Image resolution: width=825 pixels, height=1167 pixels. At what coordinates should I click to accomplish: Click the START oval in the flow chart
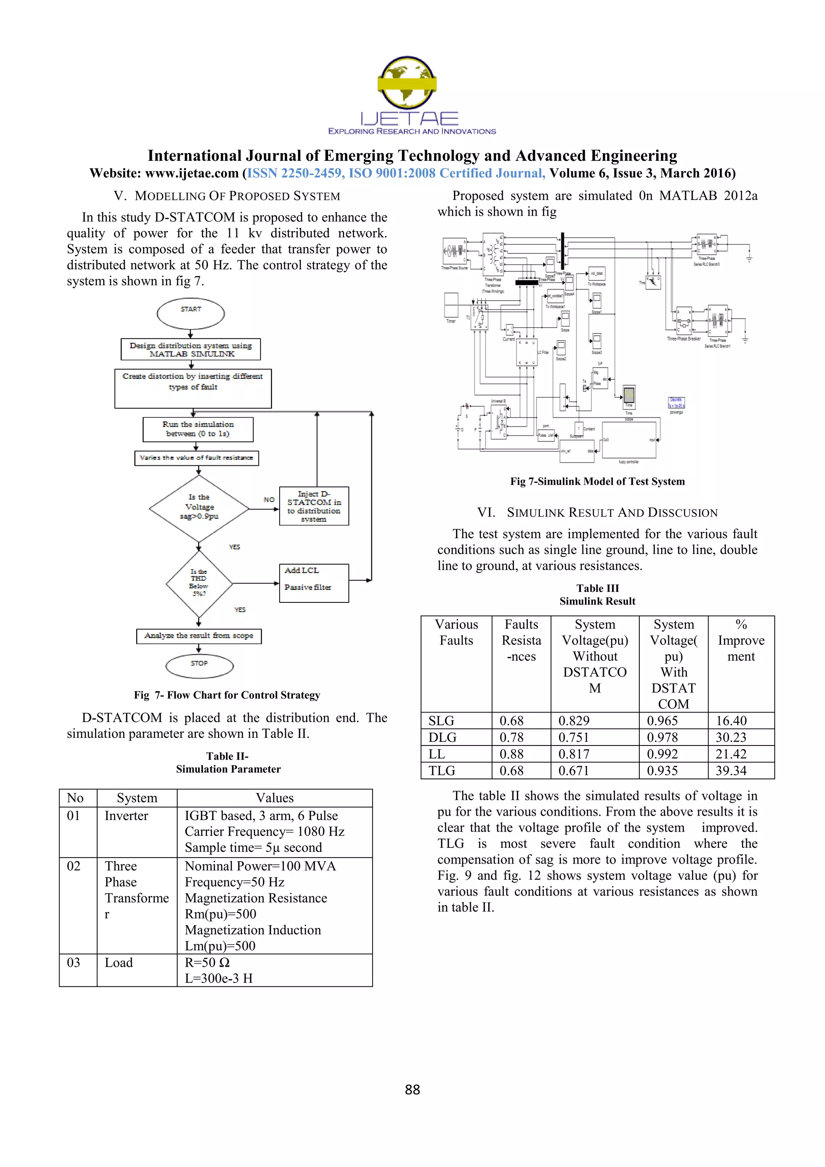point(191,314)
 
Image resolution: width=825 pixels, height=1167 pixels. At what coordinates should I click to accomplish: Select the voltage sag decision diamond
point(199,508)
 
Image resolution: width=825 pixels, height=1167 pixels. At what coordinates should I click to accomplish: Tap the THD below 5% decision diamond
point(199,583)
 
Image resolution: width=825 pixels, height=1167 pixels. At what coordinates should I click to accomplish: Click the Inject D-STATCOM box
point(314,506)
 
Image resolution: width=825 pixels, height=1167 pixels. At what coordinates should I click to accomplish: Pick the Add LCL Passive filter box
point(314,583)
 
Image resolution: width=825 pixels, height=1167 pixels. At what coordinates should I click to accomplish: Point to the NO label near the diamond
point(269,500)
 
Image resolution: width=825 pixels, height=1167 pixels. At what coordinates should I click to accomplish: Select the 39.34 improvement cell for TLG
point(731,770)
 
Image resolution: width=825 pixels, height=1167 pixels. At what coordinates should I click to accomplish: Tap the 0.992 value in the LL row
point(662,754)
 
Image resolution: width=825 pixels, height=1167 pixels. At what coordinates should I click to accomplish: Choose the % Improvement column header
point(741,640)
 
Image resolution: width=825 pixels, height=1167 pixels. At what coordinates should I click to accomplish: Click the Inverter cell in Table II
point(126,816)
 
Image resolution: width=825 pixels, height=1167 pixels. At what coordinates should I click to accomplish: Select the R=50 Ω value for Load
point(207,963)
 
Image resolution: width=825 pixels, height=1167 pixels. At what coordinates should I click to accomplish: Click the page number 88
point(412,1090)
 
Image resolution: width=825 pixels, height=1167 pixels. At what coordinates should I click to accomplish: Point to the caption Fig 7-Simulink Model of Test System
point(597,481)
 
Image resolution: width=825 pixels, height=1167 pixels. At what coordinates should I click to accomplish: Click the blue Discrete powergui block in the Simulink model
point(676,403)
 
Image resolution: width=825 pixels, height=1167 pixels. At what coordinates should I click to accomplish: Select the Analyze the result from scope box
point(199,636)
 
